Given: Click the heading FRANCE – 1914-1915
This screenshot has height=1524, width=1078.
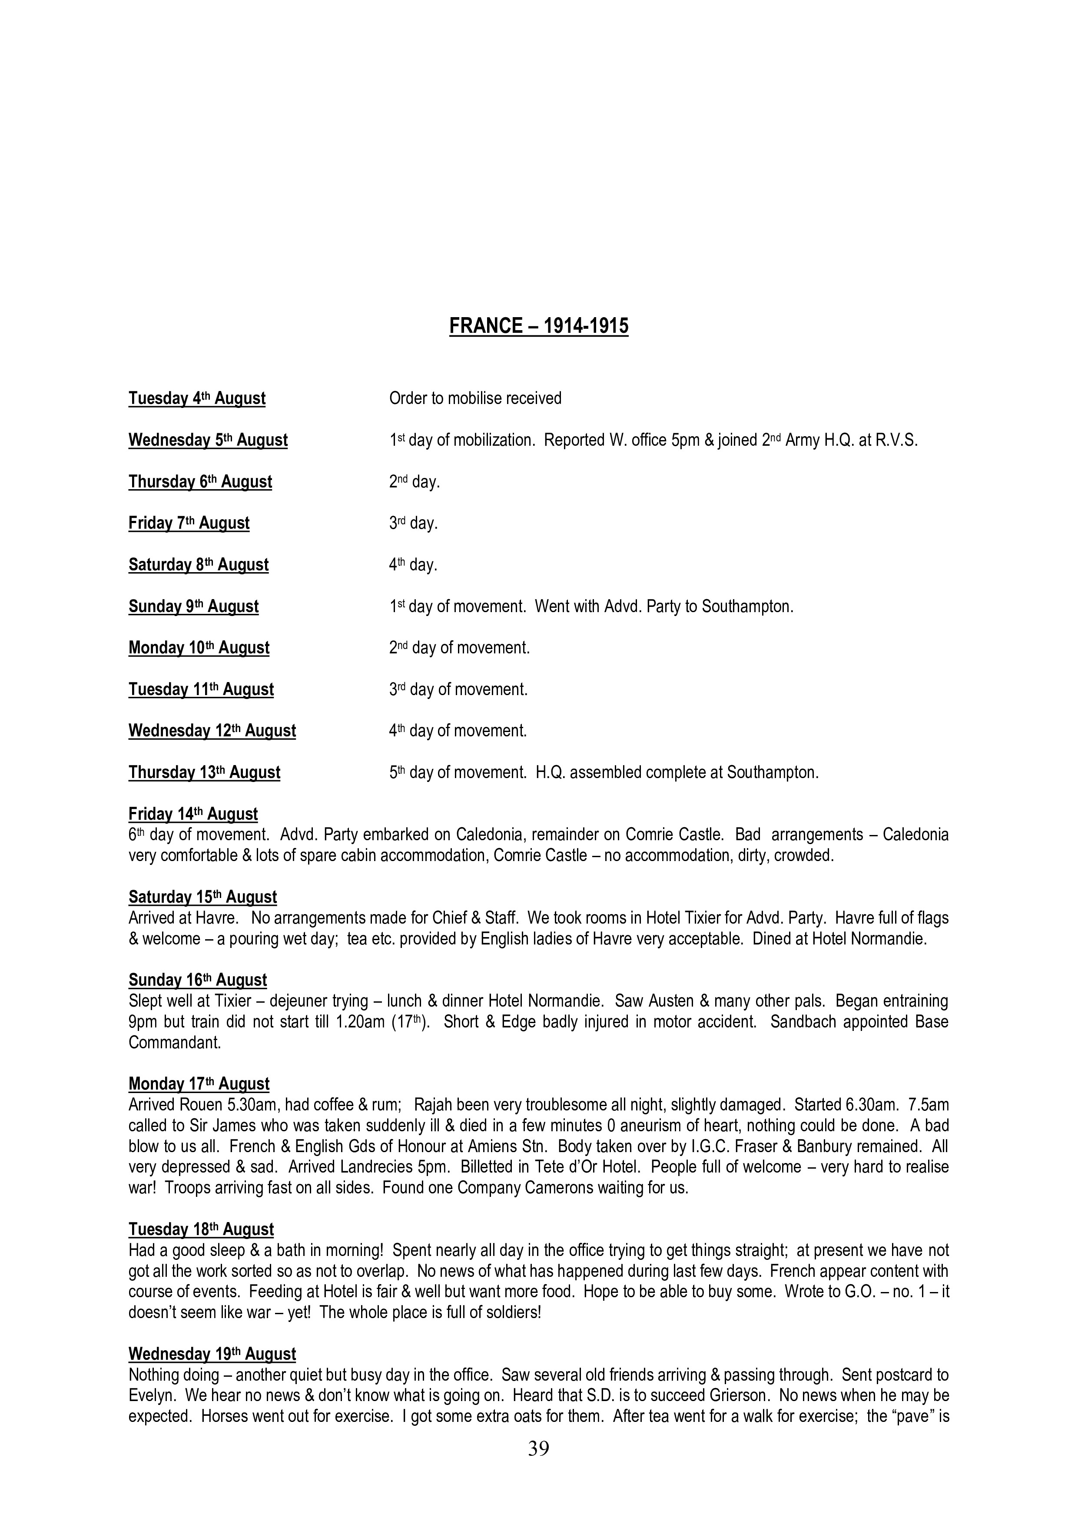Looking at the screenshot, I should pos(538,326).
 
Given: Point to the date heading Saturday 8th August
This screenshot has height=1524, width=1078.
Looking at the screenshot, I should pos(199,565).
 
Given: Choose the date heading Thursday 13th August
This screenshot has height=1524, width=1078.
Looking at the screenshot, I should pos(205,772).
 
